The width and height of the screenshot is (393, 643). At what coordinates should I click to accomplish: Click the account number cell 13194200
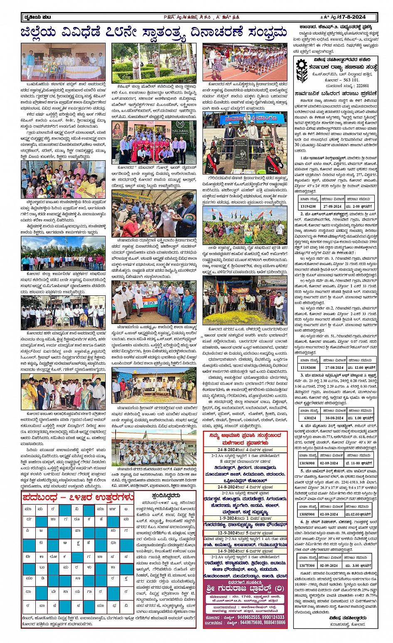[x=309, y=206]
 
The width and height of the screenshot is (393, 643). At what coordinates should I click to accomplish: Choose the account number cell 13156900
[x=308, y=463]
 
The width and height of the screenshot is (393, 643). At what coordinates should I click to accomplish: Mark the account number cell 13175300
[x=308, y=565]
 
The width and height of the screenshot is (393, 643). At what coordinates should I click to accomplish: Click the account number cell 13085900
[x=308, y=514]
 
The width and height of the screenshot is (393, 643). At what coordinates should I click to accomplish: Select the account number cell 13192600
[x=309, y=367]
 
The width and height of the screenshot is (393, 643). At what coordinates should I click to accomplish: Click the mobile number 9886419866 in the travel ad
[x=270, y=622]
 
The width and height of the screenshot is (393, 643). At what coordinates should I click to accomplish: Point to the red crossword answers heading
[x=78, y=497]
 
